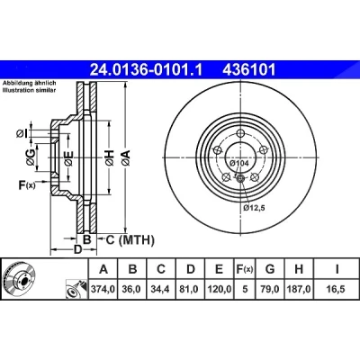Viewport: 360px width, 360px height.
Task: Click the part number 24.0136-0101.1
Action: pos(147,70)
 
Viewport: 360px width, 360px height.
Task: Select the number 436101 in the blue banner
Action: pos(248,70)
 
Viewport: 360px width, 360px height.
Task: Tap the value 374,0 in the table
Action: pos(103,289)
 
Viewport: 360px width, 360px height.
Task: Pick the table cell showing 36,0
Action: pos(132,289)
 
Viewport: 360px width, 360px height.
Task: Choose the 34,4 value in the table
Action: pos(161,289)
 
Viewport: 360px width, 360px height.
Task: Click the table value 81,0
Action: pos(190,289)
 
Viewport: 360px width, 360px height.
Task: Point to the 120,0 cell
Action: pos(219,289)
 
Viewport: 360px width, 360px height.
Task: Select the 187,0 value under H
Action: pos(299,289)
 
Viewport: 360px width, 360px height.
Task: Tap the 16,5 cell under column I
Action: pos(337,289)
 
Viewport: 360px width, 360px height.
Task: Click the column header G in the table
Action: pos(270,269)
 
